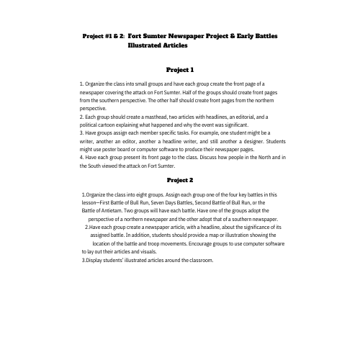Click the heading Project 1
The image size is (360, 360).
click(180, 70)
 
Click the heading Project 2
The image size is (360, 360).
click(180, 179)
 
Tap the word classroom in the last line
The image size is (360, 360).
click(199, 260)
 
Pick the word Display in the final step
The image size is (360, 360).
click(96, 260)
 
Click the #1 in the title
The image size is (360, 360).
click(112, 35)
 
